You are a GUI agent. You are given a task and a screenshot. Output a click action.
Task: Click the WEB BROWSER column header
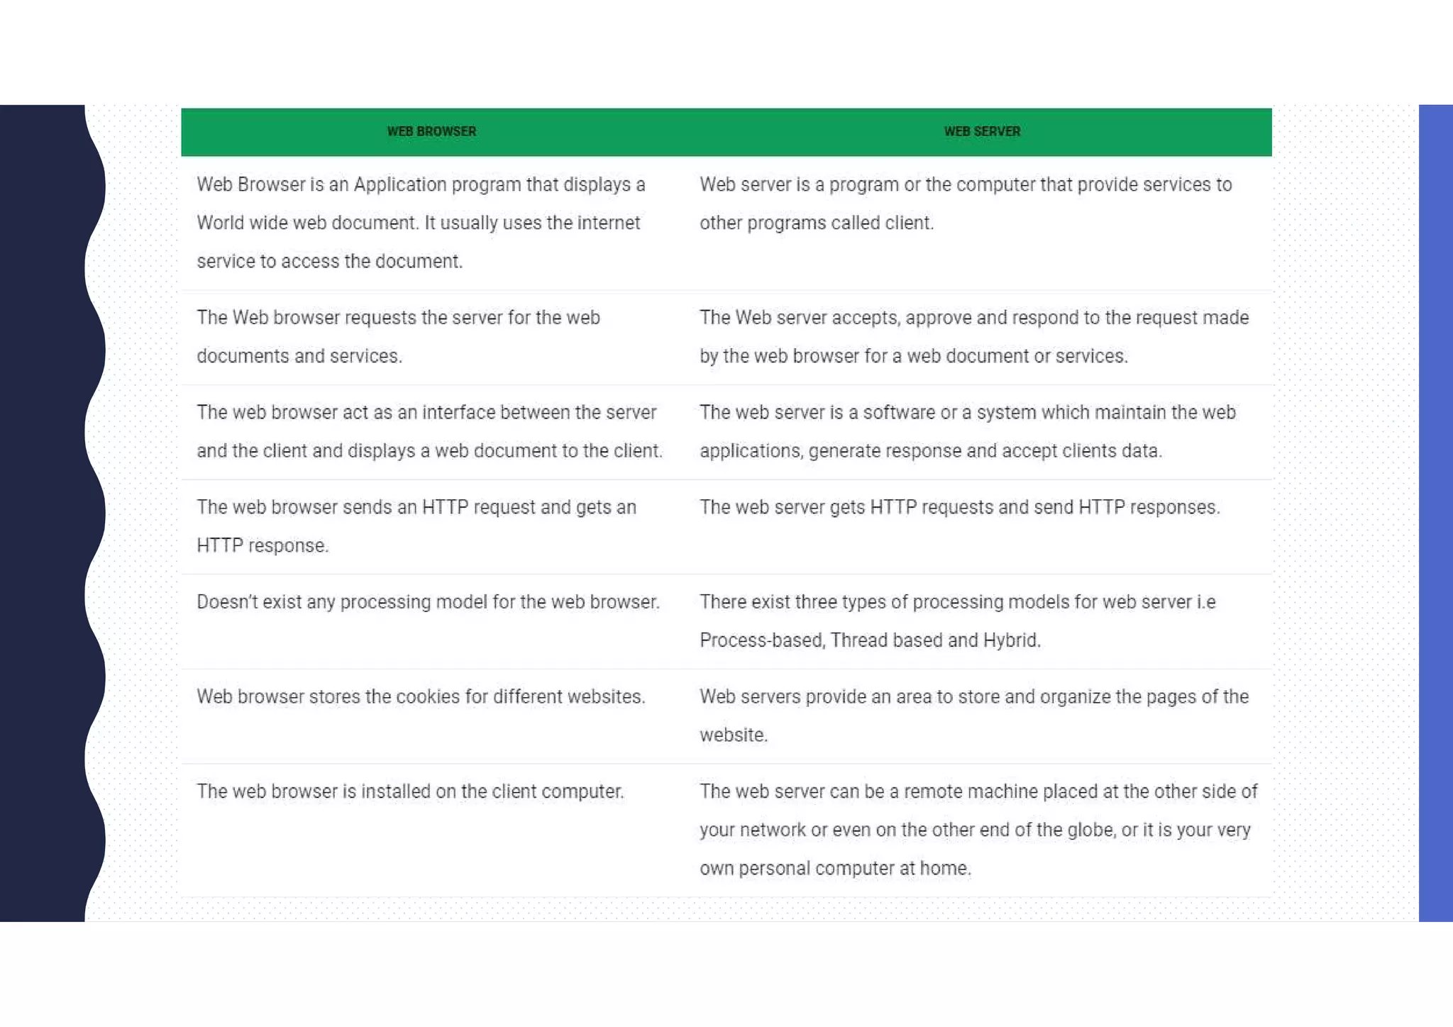[431, 131]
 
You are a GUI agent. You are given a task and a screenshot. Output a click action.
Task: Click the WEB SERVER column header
[982, 131]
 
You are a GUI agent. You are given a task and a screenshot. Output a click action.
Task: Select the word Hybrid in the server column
[1010, 640]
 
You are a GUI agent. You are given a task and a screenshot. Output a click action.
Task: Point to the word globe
[1090, 830]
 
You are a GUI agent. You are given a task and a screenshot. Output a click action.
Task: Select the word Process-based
[761, 640]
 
